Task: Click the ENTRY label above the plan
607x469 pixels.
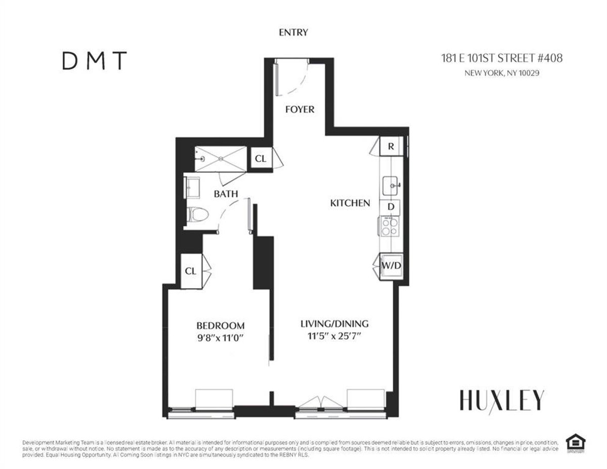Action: (293, 32)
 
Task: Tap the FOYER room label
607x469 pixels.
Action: (299, 109)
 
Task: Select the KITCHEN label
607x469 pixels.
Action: (350, 203)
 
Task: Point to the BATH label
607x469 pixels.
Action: (226, 194)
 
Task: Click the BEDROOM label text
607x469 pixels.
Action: (221, 326)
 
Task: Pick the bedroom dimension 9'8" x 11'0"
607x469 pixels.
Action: (221, 339)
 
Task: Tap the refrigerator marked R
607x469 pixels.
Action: (391, 147)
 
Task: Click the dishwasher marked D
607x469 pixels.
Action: (391, 207)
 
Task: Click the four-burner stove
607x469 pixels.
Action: (390, 225)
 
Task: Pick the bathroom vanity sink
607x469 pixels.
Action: (193, 187)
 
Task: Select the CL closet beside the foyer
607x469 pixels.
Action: (261, 159)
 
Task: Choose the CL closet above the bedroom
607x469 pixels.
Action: (191, 271)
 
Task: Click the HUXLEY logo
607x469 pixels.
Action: (502, 400)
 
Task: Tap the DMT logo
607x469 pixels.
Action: (94, 62)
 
